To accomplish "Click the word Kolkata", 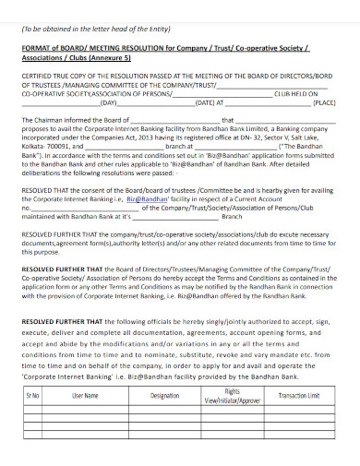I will (x=34, y=146).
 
